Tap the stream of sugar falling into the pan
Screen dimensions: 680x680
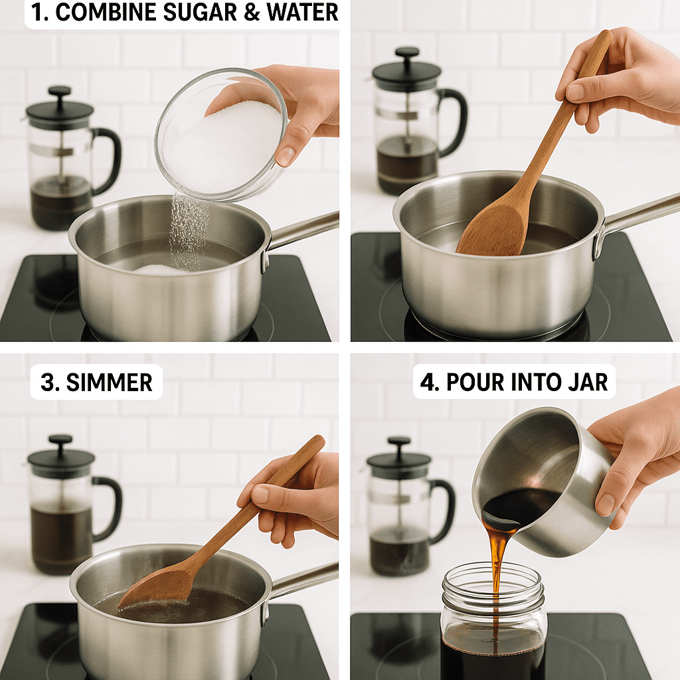[187, 229]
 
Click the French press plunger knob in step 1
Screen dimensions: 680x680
[60, 92]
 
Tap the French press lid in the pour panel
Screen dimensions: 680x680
[398, 460]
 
